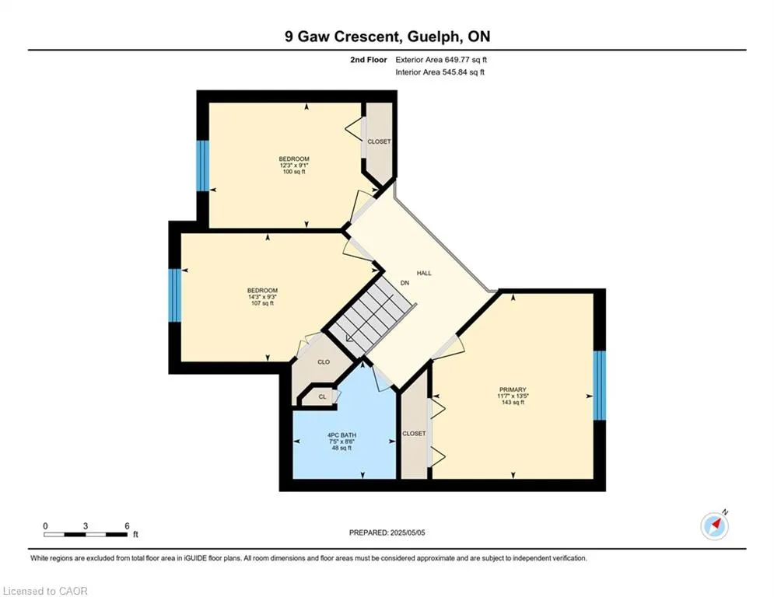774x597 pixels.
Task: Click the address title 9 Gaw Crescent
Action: (341, 37)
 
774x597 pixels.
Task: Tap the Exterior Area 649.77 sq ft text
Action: (441, 60)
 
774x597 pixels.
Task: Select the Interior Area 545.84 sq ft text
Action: (440, 72)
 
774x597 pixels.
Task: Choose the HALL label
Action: (424, 273)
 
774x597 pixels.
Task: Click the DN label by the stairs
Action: (405, 283)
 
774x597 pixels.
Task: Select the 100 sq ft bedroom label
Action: (294, 166)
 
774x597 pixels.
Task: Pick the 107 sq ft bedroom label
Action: (263, 296)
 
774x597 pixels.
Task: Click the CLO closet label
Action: (324, 362)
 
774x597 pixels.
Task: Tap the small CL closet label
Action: (322, 396)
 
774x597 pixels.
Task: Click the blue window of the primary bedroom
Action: (599, 386)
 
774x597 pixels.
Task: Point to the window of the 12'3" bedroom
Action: (203, 166)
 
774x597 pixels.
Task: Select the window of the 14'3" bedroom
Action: (175, 295)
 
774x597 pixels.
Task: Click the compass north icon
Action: (715, 526)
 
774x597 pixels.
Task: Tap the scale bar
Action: (86, 534)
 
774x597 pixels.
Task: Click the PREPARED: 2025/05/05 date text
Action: (387, 532)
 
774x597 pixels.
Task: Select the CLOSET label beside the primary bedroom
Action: (414, 434)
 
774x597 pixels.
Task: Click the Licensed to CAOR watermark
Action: (45, 591)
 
